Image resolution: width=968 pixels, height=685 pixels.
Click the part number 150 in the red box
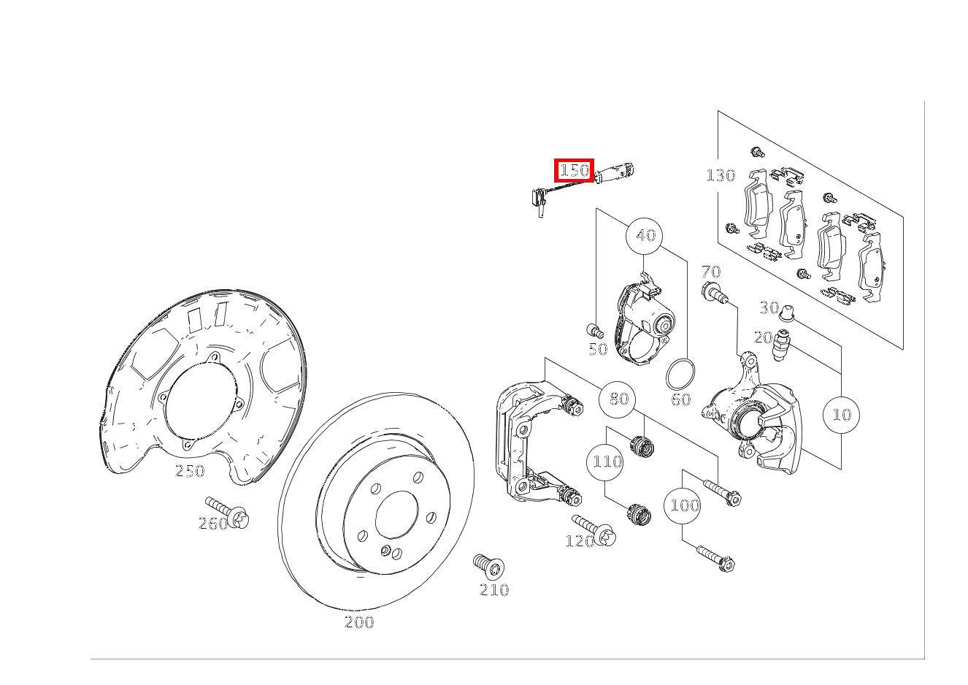coord(574,170)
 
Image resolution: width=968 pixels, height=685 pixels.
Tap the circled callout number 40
coord(644,236)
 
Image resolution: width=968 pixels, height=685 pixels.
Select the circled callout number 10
coord(841,415)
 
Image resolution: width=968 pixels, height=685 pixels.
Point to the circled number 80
coord(617,399)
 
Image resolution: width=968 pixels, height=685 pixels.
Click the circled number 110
coord(605,462)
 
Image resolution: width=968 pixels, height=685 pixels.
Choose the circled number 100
coord(683,505)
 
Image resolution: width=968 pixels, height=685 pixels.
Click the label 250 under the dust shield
coord(190,471)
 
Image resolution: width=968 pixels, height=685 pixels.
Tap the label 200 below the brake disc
coord(359,622)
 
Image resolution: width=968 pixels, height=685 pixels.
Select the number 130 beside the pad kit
coord(721,175)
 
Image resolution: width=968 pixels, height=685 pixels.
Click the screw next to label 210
coord(489,567)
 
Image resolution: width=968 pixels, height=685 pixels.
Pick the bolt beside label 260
coord(227,512)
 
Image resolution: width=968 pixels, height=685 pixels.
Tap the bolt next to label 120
coord(594,530)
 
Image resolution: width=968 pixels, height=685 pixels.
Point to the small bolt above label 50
coord(595,331)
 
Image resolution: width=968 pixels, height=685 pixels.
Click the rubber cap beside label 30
coord(788,313)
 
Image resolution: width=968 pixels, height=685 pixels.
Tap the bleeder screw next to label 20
coord(781,345)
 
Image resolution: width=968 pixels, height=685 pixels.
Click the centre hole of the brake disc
coord(396,515)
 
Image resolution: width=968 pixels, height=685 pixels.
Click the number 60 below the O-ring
coord(680,399)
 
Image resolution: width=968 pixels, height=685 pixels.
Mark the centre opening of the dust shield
coord(201,401)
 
